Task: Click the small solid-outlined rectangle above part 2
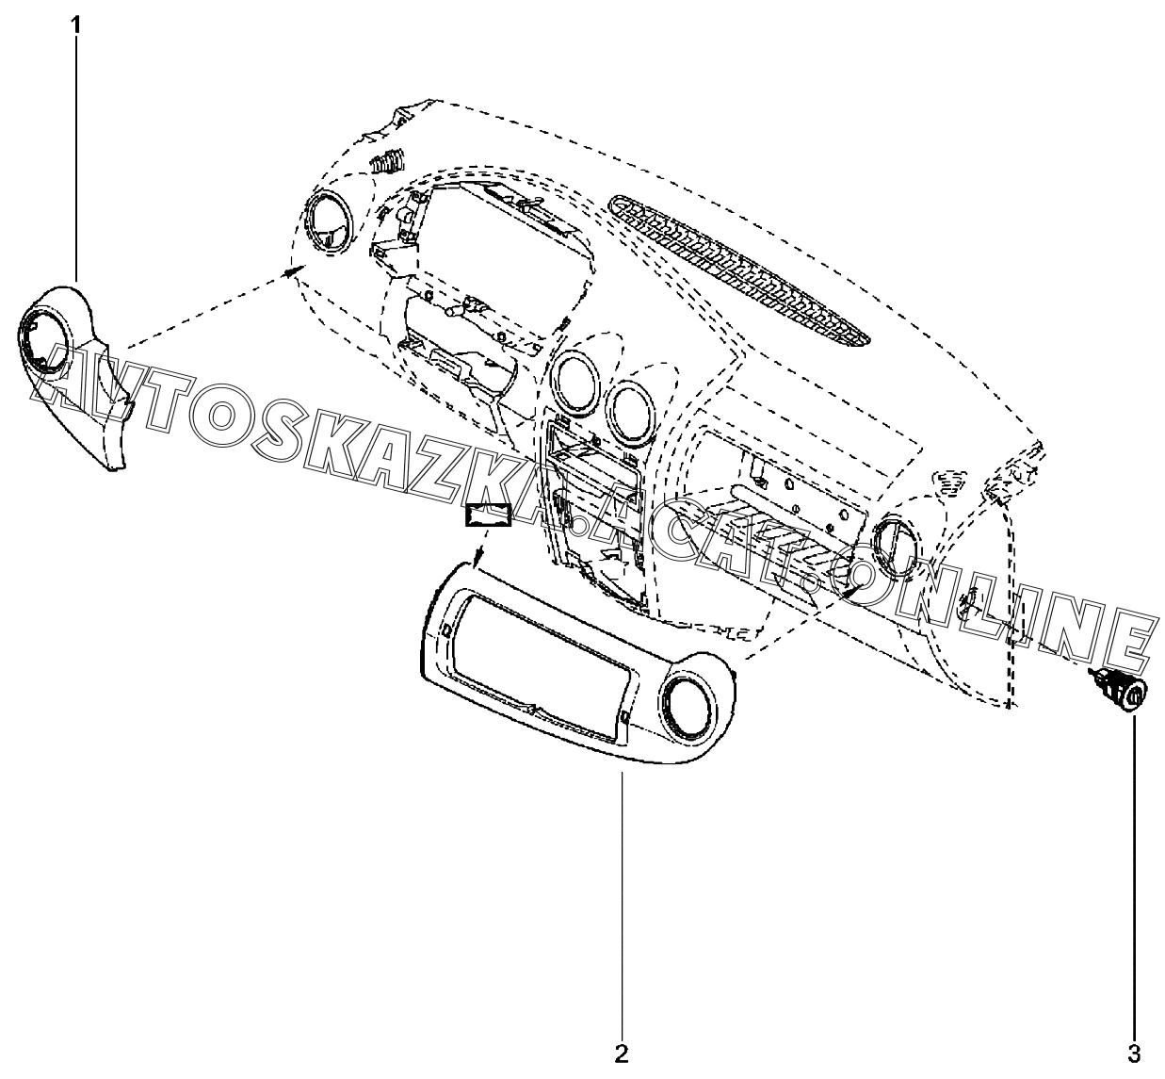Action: tap(487, 515)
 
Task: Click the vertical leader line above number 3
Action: tap(1134, 876)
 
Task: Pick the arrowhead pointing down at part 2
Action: tap(479, 560)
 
